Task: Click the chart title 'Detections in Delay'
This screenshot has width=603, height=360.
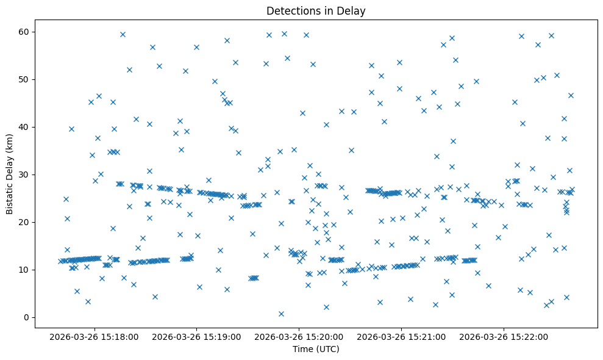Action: click(316, 10)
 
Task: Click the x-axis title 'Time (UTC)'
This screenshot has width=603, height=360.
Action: click(316, 349)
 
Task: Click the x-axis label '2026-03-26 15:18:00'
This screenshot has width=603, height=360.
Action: click(95, 336)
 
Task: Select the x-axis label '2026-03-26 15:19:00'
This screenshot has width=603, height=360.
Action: click(197, 336)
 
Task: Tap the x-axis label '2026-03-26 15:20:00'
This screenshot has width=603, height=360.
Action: click(299, 336)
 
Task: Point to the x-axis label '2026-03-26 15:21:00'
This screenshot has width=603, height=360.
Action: click(402, 336)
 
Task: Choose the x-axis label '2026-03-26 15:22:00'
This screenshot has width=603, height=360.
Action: click(504, 336)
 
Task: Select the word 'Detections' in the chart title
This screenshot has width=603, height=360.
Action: click(291, 10)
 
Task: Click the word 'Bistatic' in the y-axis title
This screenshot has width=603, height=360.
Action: click(10, 196)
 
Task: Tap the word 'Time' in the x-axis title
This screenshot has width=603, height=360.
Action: click(303, 349)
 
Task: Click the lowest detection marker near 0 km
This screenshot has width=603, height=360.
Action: click(281, 314)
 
